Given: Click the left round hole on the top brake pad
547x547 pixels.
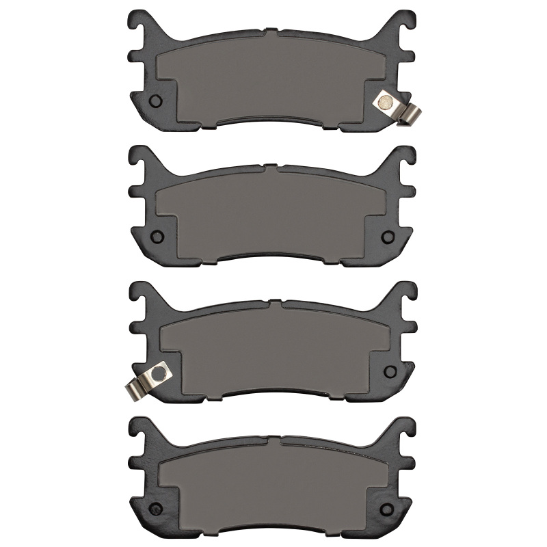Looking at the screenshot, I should click(x=155, y=101).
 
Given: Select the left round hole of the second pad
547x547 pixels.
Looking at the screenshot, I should click(x=155, y=237).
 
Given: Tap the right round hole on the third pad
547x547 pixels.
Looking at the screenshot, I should click(x=391, y=371).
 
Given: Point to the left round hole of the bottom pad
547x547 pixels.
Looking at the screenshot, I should click(x=155, y=507).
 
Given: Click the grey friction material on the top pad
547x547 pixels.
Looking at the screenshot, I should click(x=273, y=75).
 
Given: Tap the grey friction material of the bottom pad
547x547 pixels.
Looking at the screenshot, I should click(x=273, y=481).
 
